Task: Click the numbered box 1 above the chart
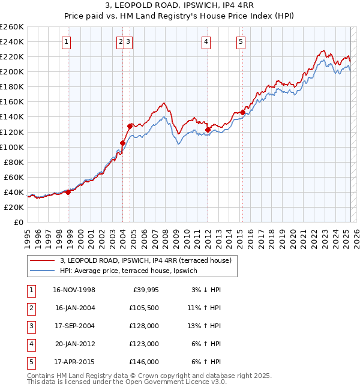(x=65, y=41)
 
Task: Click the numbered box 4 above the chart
(x=206, y=41)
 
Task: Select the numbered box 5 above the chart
(x=241, y=41)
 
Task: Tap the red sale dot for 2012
(x=208, y=130)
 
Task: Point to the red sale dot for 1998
(x=68, y=192)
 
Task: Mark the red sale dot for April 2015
(x=242, y=112)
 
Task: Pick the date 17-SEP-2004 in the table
(x=74, y=326)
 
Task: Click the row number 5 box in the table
(x=29, y=362)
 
